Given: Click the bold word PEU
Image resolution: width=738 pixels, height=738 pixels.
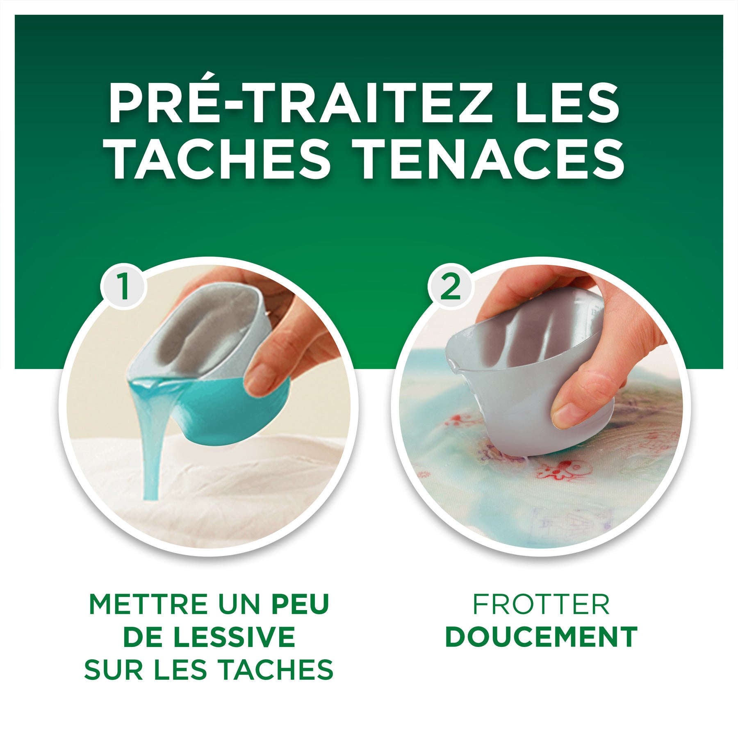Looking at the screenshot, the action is click(301, 604).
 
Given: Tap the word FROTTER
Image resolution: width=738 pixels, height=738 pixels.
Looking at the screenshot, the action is click(541, 604).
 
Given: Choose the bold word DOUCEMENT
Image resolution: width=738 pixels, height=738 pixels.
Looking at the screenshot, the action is click(541, 637).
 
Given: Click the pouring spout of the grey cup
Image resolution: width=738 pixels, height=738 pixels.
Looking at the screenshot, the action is click(452, 363).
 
